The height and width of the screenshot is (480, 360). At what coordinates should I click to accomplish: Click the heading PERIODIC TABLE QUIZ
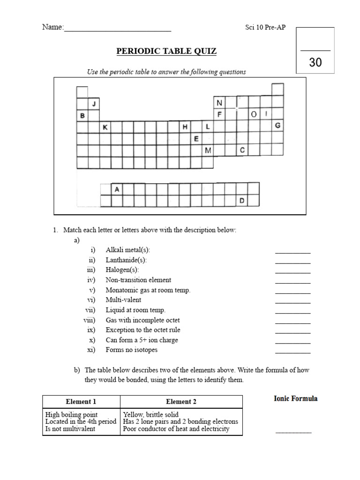tap(166, 51)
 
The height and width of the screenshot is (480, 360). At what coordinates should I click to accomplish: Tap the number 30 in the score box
tap(315, 62)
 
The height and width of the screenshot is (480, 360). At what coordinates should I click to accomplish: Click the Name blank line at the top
tap(117, 30)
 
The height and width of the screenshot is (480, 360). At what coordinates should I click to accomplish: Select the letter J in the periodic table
tap(94, 103)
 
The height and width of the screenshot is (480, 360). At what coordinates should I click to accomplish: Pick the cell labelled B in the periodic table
tap(82, 115)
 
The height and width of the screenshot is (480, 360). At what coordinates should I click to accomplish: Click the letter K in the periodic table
tap(105, 127)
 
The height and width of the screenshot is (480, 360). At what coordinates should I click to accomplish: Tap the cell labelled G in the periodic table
tap(277, 126)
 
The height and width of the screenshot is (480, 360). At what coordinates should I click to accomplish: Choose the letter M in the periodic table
tap(208, 150)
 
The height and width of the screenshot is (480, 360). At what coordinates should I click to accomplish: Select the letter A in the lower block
tap(117, 189)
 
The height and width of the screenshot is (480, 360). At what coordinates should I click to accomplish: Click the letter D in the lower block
tap(242, 201)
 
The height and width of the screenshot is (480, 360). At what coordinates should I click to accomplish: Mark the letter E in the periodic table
tap(196, 138)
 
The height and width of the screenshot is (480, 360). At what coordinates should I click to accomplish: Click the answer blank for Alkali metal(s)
tap(293, 252)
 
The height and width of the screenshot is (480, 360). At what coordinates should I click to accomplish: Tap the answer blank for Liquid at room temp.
tap(293, 312)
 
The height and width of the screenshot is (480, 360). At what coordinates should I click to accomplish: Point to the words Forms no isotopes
tap(132, 350)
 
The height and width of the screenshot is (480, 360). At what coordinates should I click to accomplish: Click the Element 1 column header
tap(81, 402)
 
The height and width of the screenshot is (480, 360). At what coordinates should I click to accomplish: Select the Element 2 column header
tap(181, 402)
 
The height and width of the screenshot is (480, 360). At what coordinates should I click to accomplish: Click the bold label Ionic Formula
tap(295, 398)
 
